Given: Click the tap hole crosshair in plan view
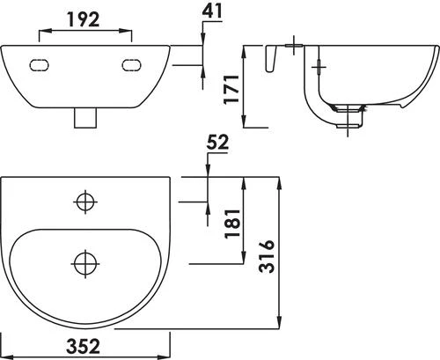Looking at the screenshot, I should pos(85,202).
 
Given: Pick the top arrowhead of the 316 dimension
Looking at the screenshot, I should pos(280,181).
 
